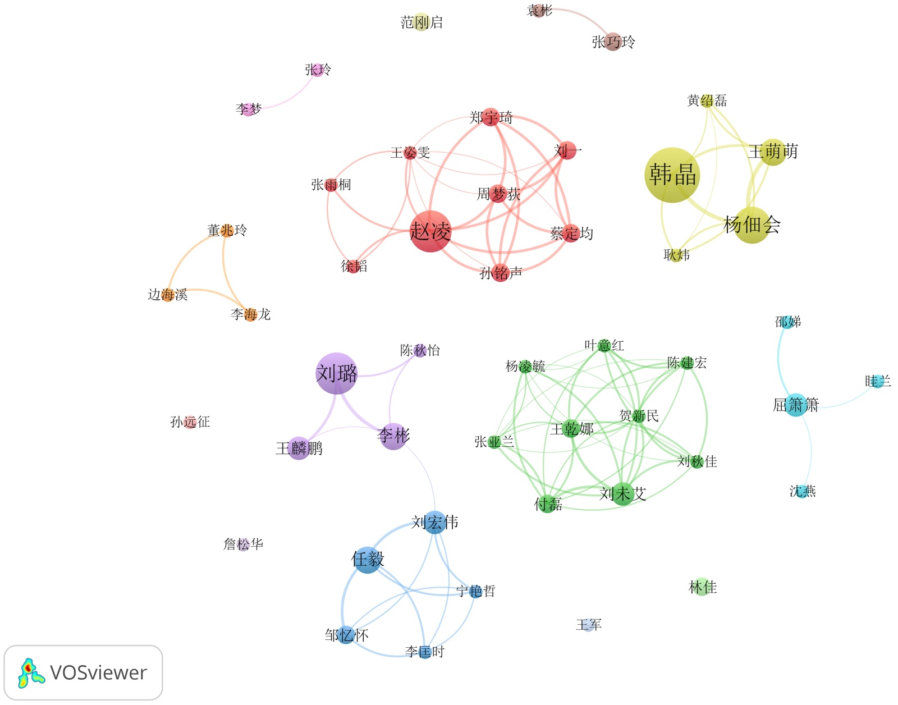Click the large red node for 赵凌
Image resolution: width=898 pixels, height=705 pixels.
point(430,231)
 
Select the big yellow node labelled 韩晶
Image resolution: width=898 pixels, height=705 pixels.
point(672,175)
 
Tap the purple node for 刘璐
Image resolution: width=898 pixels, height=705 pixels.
point(337,373)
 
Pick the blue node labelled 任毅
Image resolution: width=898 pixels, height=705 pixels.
point(368,560)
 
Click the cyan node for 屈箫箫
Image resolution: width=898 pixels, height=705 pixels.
point(796,405)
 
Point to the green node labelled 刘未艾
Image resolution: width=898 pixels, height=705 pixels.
point(622,494)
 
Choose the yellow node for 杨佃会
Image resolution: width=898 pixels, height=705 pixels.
point(752,225)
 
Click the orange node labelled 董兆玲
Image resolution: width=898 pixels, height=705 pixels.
point(227,230)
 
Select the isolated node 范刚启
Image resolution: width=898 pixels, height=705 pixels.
point(421,22)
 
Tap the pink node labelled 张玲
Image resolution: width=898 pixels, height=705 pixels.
point(318,70)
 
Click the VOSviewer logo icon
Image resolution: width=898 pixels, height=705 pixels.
point(31,673)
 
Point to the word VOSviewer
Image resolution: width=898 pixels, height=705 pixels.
point(98,672)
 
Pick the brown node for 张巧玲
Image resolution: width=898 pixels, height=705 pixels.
point(613,42)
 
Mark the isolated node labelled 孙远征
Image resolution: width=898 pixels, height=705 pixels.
point(190,422)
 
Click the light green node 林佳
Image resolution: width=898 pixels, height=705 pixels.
point(702,587)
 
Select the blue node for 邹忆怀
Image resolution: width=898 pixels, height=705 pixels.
point(346,635)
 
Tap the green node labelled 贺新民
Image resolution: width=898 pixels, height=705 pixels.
point(639,416)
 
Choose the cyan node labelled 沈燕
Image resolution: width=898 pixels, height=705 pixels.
point(803,492)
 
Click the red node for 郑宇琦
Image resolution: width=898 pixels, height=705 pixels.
point(491,117)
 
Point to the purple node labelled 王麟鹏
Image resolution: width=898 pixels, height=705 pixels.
point(299,448)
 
